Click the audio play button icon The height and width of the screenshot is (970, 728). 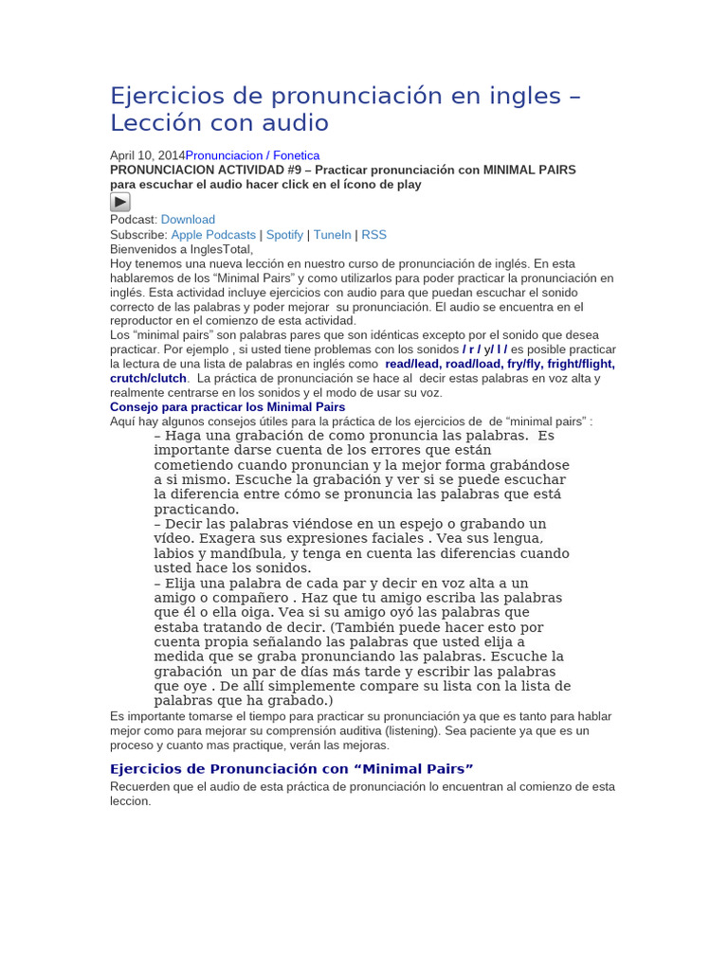120,202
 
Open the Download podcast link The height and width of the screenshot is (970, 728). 188,220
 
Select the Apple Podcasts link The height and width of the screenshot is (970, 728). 213,235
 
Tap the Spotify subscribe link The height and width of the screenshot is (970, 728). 284,235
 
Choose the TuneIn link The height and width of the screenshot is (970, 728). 332,235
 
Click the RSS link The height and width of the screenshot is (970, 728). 373,235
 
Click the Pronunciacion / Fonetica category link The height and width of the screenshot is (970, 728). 252,155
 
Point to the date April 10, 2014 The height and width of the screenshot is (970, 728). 147,155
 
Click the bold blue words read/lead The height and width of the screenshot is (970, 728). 412,364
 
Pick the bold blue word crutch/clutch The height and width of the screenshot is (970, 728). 148,378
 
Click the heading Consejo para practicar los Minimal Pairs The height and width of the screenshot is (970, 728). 227,407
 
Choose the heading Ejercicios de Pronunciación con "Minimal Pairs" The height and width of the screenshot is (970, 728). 291,768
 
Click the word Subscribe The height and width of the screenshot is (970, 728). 138,235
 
